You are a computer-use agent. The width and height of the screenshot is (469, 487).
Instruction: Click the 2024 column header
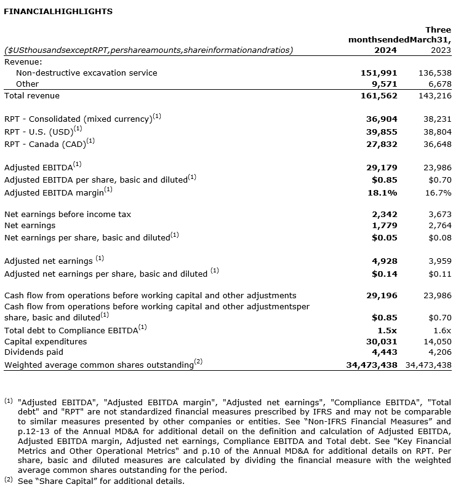386,50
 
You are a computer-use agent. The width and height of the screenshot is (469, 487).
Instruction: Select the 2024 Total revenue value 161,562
379,96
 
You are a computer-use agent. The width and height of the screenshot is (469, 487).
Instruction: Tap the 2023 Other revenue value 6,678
439,84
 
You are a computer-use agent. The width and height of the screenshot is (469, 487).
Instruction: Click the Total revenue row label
32,96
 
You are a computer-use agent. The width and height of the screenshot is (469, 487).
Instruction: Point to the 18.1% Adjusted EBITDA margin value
384,192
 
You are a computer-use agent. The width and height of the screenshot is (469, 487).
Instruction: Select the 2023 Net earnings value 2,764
439,226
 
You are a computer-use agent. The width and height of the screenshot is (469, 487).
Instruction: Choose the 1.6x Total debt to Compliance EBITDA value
442,330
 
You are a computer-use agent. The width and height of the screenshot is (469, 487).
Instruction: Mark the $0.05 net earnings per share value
385,237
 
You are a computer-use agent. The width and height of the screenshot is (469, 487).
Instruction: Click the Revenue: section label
23,61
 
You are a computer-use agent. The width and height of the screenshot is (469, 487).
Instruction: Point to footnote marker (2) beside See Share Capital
9,480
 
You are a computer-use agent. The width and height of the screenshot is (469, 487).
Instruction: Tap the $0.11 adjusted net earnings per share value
440,274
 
